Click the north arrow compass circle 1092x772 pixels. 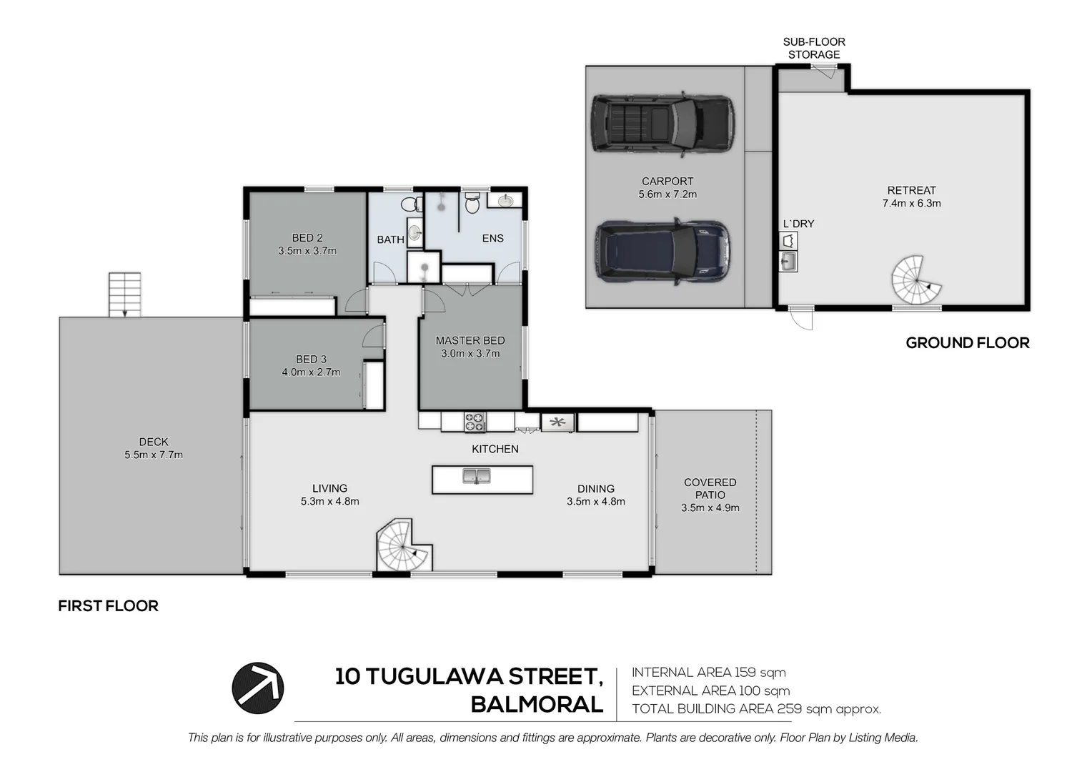click(257, 688)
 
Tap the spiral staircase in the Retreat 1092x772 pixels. click(916, 280)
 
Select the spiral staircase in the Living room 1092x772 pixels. click(404, 545)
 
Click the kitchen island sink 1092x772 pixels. click(476, 476)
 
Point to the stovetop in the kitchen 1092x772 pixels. click(475, 422)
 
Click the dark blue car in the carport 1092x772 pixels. click(662, 252)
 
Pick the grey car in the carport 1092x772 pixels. click(662, 124)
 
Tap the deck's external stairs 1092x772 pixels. click(125, 295)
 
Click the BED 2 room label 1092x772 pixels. click(307, 238)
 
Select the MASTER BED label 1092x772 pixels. click(470, 340)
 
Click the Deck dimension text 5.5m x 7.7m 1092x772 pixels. click(154, 455)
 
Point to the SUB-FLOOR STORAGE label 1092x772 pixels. click(814, 49)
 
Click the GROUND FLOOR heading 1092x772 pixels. click(968, 343)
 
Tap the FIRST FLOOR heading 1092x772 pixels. click(108, 605)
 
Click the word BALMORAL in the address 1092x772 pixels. click(537, 705)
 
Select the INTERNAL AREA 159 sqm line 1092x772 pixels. click(709, 673)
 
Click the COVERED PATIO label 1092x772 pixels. click(710, 488)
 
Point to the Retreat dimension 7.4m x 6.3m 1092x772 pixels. click(912, 203)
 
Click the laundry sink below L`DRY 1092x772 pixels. click(788, 262)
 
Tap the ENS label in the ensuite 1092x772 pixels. click(493, 238)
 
